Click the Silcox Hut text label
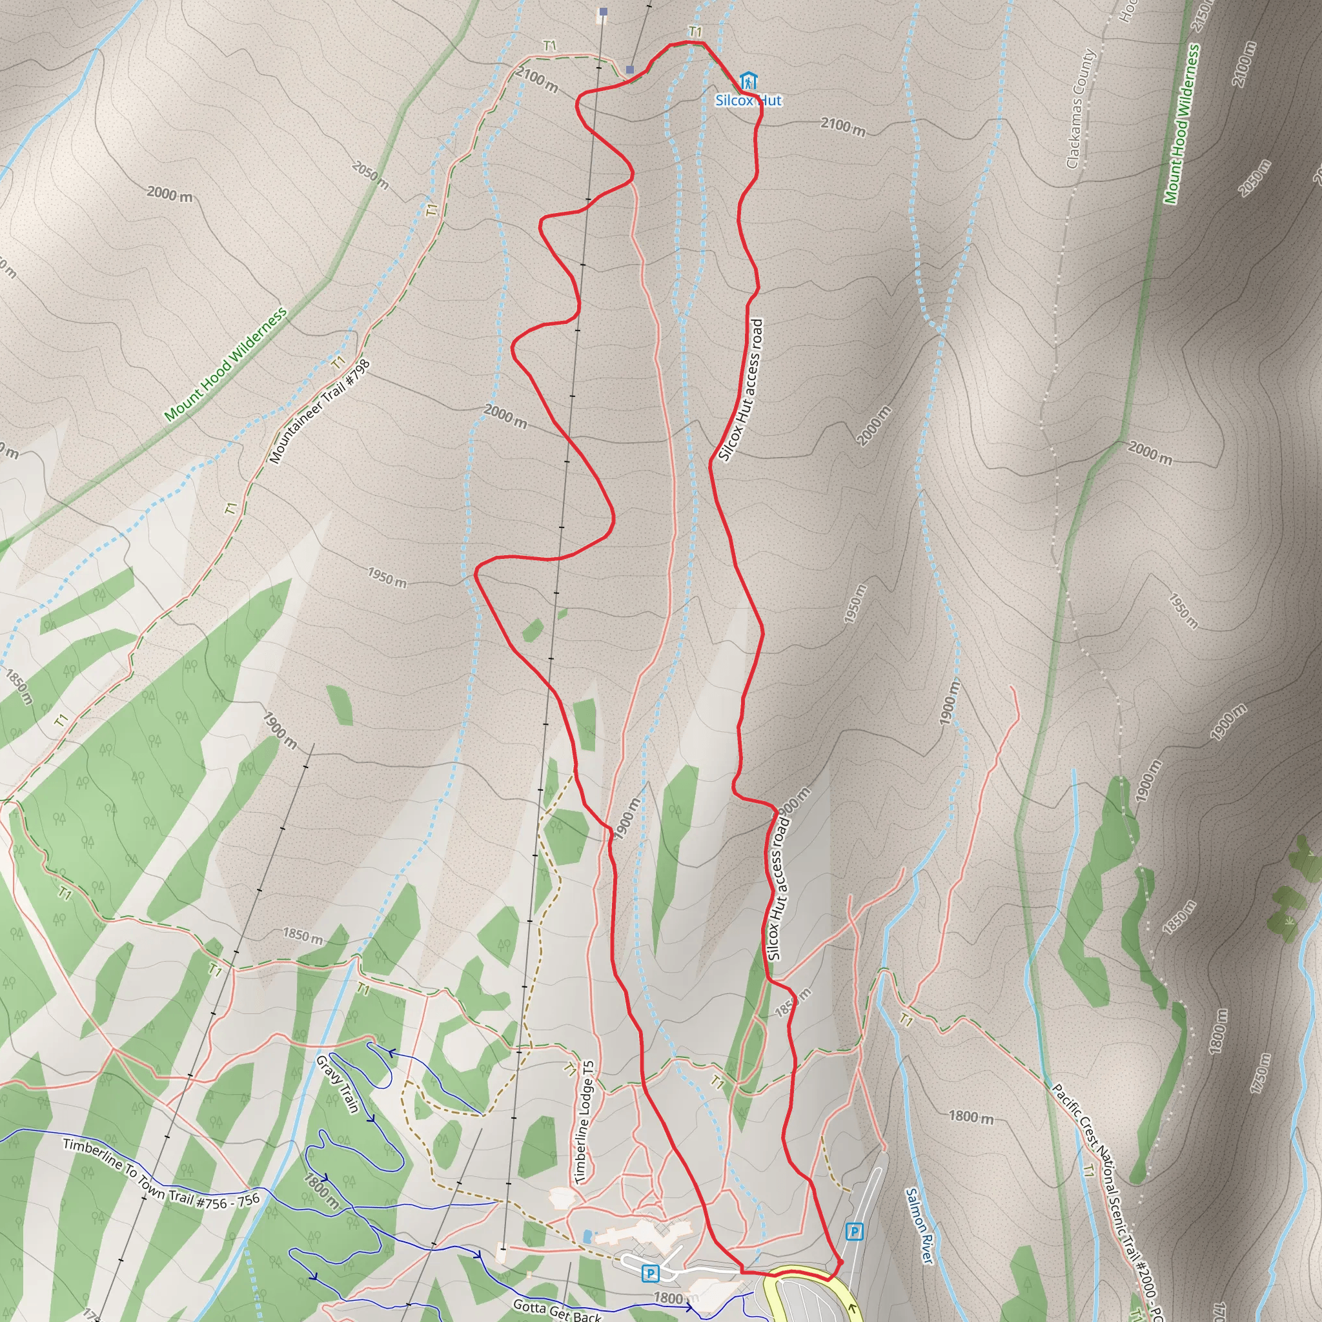[748, 101]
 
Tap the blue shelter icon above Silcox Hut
[749, 81]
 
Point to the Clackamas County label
[1081, 109]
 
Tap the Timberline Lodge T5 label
[585, 1122]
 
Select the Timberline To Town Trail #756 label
[161, 1173]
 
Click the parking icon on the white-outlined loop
[650, 1274]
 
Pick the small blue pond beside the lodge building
[587, 1236]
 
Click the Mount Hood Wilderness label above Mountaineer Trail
[225, 365]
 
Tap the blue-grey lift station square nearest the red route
[629, 69]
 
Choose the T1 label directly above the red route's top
[695, 32]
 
